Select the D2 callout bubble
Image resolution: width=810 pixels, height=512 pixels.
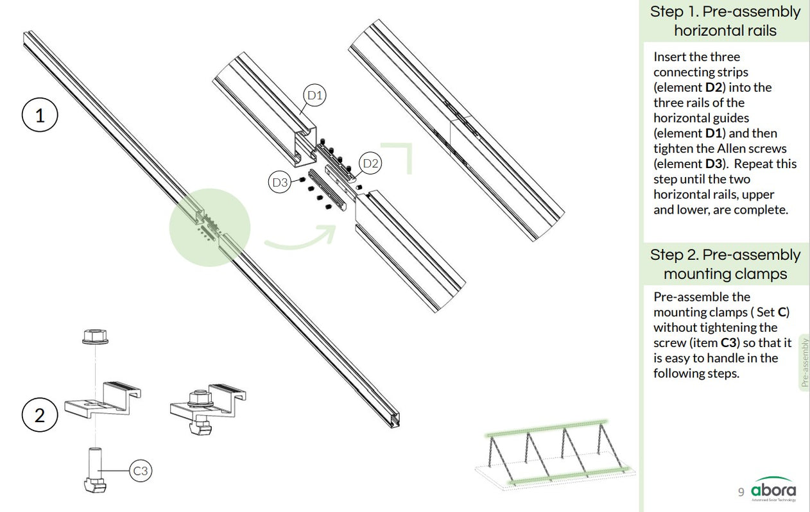[370, 163]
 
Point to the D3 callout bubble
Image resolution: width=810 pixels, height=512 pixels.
[280, 182]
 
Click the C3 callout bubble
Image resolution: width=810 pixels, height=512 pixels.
[141, 472]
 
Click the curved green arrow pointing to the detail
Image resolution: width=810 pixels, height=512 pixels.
[301, 238]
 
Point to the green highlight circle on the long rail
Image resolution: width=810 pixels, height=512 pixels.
[209, 228]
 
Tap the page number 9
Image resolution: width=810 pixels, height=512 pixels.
[741, 492]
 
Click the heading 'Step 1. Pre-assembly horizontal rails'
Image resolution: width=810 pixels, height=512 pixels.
[725, 21]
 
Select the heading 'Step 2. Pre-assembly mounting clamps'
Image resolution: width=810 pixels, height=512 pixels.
[725, 264]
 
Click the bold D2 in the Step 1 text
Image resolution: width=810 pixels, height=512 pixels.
[705, 87]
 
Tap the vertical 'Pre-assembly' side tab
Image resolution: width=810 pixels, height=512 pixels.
[804, 363]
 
